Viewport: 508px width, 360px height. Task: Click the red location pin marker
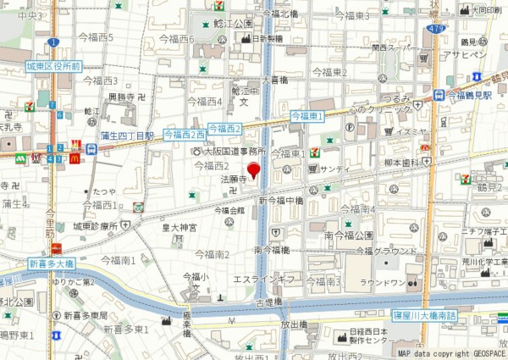[x=253, y=168]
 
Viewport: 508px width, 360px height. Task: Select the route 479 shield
[x=435, y=30]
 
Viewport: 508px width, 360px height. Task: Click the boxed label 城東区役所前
[x=52, y=65]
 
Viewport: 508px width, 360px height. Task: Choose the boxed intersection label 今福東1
[x=307, y=115]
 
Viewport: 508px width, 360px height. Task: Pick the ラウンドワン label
[x=379, y=284]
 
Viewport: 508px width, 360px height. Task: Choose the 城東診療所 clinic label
[x=93, y=226]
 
